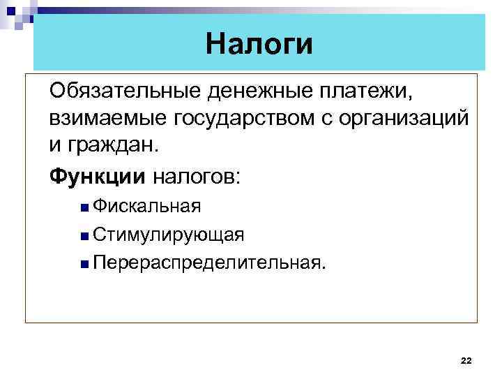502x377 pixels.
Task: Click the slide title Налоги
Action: coord(259,44)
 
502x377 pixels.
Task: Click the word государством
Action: coord(235,119)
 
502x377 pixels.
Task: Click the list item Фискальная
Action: coord(147,207)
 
